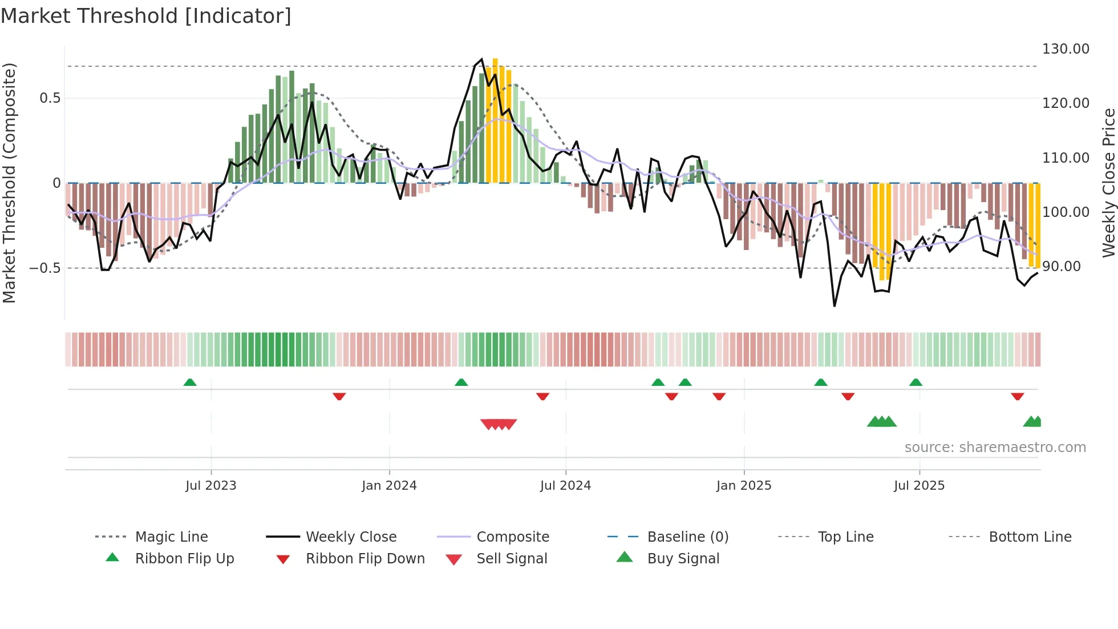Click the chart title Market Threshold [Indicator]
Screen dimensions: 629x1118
tap(146, 16)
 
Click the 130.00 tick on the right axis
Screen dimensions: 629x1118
tap(1065, 49)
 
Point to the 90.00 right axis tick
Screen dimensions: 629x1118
tap(1061, 267)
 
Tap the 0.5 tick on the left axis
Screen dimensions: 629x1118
tap(50, 98)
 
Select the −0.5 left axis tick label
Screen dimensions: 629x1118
tap(44, 268)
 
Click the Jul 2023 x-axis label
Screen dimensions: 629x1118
tap(210, 486)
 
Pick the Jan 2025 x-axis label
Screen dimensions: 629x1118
tap(743, 486)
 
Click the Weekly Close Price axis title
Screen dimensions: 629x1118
tap(1108, 183)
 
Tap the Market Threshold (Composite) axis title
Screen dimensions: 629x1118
tap(9, 183)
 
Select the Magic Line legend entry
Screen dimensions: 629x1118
tap(171, 537)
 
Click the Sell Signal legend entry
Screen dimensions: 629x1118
tap(512, 559)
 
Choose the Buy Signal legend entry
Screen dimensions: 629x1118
tap(683, 559)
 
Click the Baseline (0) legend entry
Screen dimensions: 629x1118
tap(687, 537)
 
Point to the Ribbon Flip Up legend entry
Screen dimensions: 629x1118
tap(184, 559)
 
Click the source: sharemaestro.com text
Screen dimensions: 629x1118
tap(995, 447)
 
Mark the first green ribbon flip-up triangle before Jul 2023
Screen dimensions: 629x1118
tap(190, 382)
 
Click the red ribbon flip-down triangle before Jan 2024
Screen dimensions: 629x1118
tap(339, 396)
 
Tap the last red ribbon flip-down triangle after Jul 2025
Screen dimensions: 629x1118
tap(1017, 396)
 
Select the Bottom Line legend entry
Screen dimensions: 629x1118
tap(1030, 537)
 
